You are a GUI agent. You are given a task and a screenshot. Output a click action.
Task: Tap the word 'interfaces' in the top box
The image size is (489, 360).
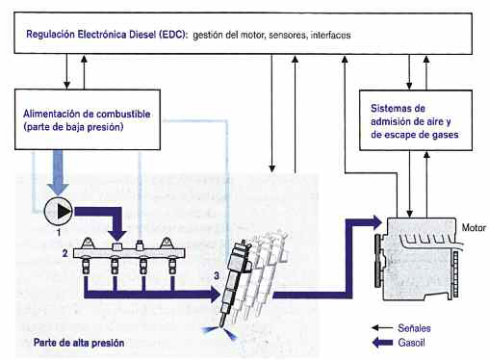[331, 34]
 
